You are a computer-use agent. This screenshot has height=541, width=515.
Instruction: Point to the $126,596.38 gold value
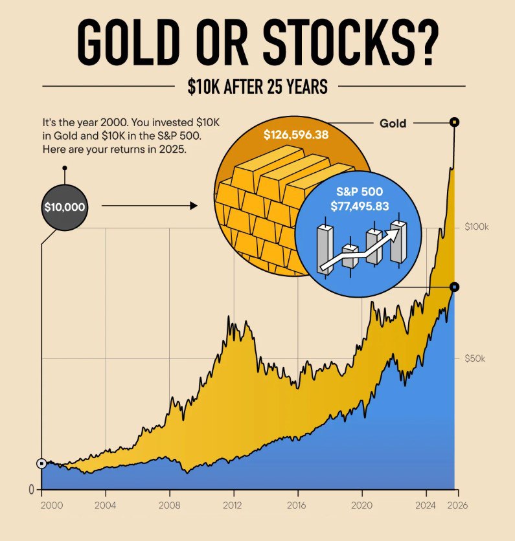295,135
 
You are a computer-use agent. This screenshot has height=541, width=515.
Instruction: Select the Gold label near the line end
393,123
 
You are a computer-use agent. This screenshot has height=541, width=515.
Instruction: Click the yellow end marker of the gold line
455,122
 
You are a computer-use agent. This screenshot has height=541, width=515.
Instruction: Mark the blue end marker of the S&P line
455,287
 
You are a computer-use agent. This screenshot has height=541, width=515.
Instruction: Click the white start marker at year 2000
41,463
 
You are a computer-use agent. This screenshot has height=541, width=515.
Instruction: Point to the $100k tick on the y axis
477,227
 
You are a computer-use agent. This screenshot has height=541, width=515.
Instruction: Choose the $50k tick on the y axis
475,359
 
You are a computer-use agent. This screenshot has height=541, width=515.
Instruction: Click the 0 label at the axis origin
30,490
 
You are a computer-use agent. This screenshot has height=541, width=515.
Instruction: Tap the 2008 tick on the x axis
169,505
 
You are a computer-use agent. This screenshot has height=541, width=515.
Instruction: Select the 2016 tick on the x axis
297,505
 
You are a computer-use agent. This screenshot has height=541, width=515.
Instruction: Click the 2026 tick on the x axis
456,505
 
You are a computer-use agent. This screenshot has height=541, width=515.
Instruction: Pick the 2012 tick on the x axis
233,505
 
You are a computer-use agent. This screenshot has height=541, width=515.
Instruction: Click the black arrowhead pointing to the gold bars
193,206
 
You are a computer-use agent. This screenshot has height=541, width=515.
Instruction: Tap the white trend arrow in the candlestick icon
363,249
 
